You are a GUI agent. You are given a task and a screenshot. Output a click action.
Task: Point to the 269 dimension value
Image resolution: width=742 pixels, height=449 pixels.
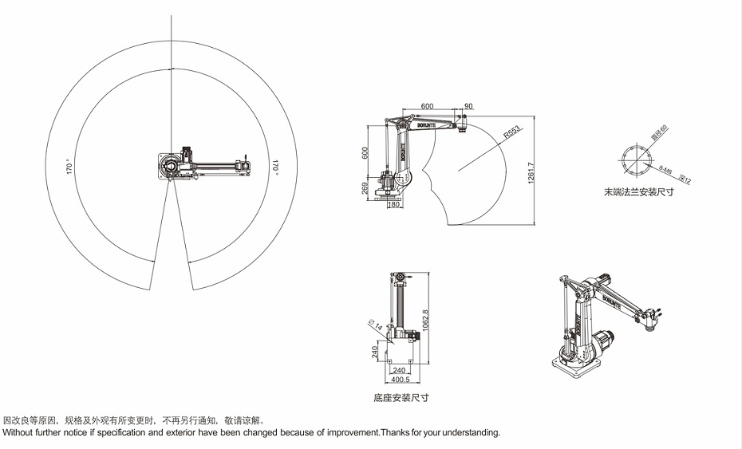pos(365,188)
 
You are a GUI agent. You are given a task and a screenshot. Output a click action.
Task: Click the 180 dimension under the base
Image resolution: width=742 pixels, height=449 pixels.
pos(393,204)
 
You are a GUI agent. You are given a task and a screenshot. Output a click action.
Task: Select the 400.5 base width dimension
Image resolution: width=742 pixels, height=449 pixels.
pos(400,380)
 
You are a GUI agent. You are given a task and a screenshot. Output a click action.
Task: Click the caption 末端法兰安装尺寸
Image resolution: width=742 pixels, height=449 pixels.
pos(638,192)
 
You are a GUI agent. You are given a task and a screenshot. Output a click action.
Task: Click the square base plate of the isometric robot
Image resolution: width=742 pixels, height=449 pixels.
pos(573,367)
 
